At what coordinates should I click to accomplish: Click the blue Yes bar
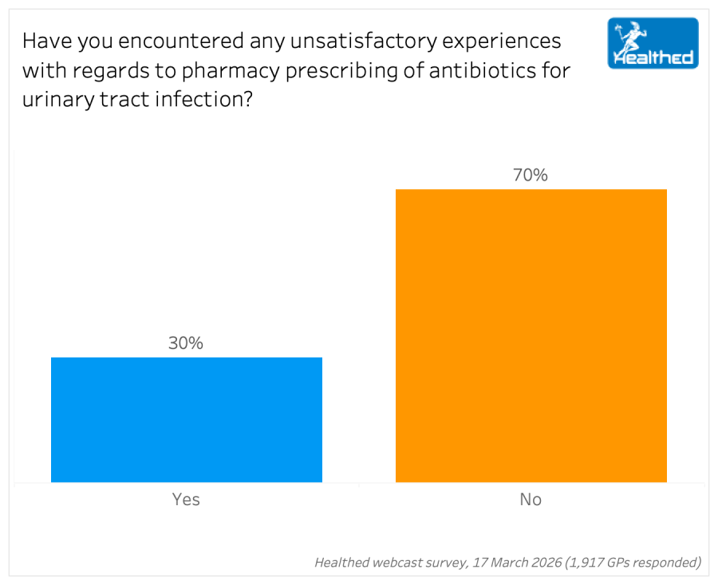click(x=187, y=420)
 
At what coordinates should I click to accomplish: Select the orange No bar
click(x=531, y=335)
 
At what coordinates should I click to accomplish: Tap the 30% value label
click(x=186, y=343)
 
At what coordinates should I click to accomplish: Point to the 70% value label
click(x=531, y=176)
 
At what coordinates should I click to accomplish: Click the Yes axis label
click(x=186, y=500)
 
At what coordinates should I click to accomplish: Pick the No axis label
click(x=531, y=500)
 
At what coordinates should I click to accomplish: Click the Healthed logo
click(x=653, y=43)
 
